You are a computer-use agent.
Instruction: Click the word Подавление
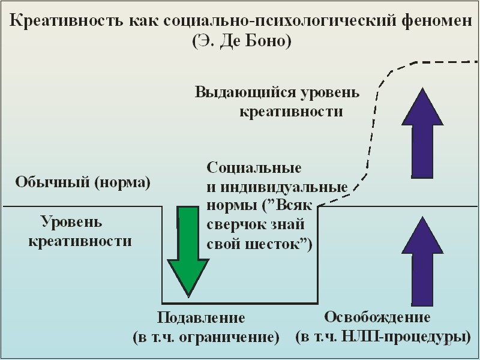pos(201,317)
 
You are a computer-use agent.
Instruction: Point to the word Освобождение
pos(377,317)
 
